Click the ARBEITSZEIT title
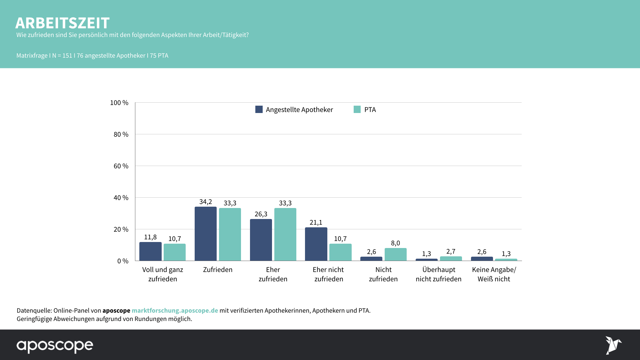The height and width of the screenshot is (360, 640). [62, 23]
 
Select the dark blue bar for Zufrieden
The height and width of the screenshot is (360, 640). [206, 234]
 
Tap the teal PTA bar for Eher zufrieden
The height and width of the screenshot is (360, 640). [285, 234]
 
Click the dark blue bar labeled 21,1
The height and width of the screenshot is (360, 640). [316, 244]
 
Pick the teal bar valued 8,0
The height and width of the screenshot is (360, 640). [395, 254]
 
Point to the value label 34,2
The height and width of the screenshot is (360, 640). [206, 202]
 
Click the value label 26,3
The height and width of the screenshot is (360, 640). [261, 214]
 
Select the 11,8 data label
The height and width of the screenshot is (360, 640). [150, 237]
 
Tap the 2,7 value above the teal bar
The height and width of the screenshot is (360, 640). [451, 251]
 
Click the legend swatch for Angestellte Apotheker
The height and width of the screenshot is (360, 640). [259, 109]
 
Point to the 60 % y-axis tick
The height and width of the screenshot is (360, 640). [121, 166]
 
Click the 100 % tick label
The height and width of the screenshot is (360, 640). [119, 103]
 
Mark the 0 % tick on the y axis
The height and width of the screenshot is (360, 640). [123, 261]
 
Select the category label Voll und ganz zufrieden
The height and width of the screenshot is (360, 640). [163, 274]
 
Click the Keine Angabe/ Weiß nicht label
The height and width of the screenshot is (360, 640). [494, 274]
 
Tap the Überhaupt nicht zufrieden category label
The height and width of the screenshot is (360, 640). [438, 274]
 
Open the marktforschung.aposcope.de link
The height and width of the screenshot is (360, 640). [175, 310]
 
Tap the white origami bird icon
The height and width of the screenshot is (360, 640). [613, 345]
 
